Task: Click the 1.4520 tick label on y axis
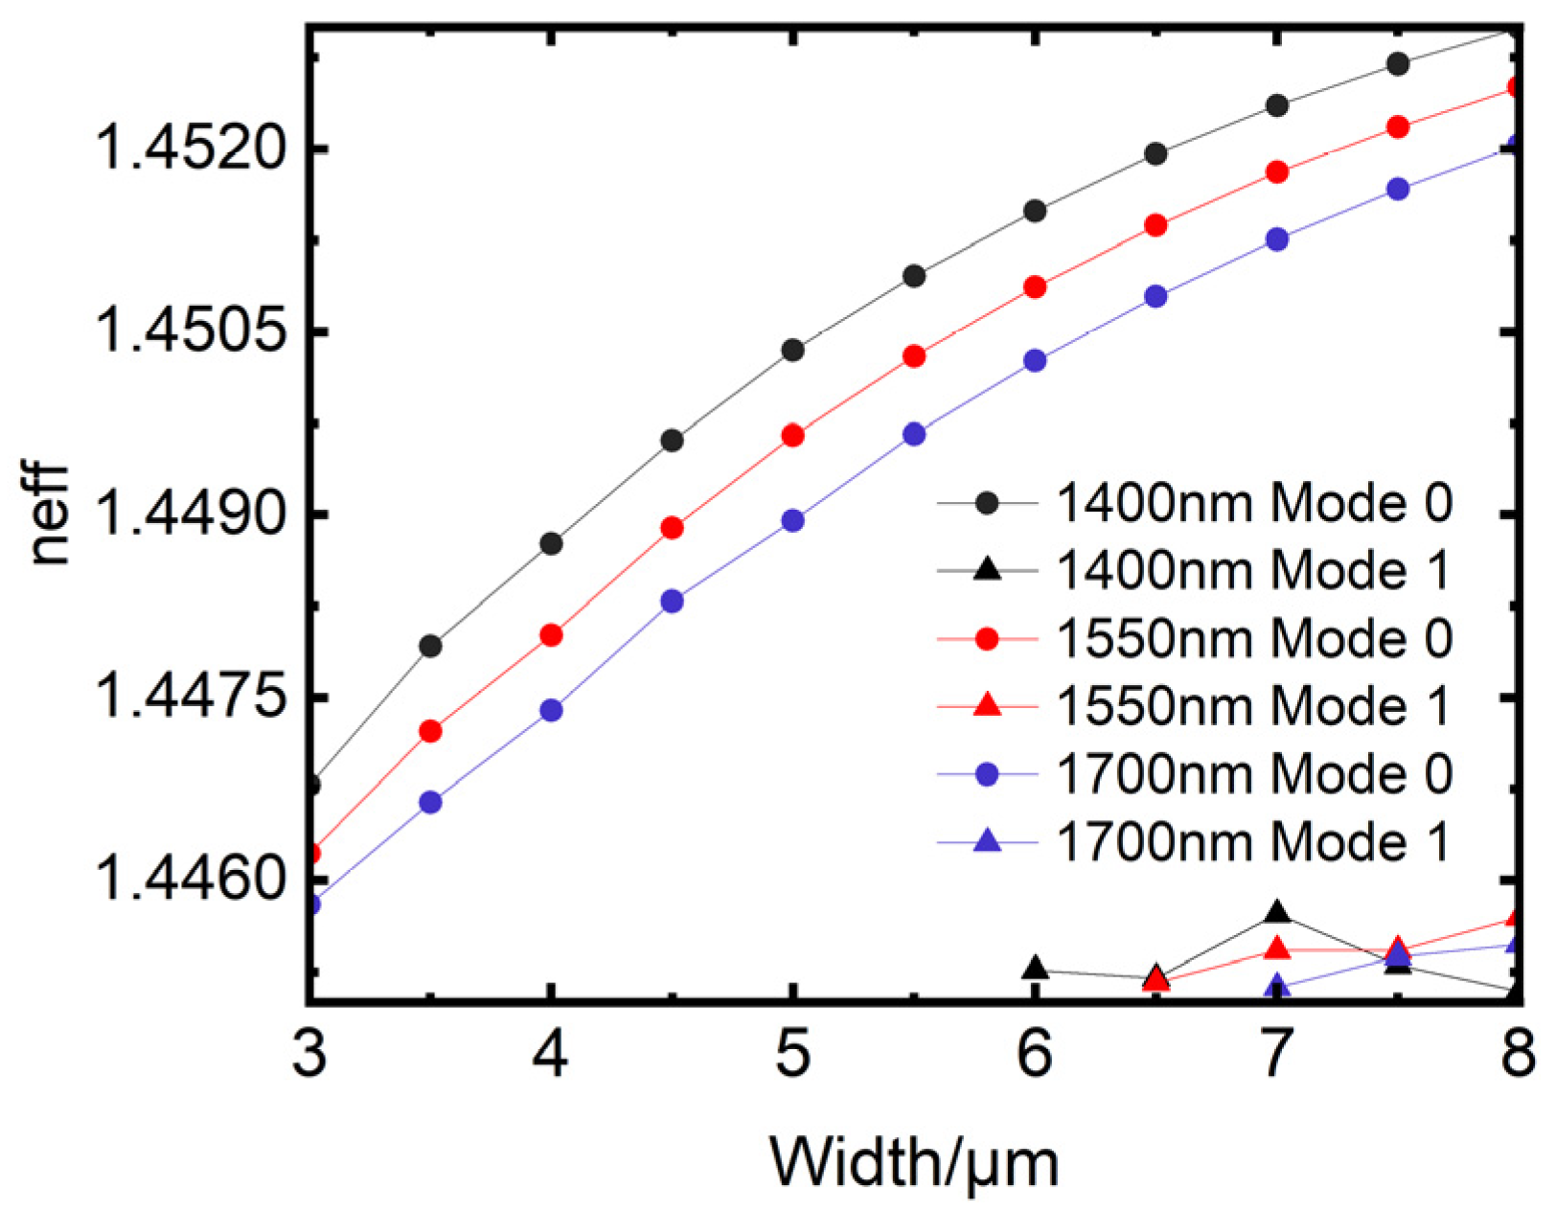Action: coord(192,150)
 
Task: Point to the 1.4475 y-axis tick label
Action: coord(192,698)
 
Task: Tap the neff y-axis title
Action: coord(48,515)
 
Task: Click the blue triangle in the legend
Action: coord(987,842)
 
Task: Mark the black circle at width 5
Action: coord(792,351)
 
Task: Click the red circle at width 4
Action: coord(551,635)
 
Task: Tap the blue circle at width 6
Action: coord(1035,361)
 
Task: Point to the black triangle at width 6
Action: coord(1035,969)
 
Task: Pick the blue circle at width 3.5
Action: coord(431,802)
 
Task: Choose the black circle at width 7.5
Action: coord(1398,64)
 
